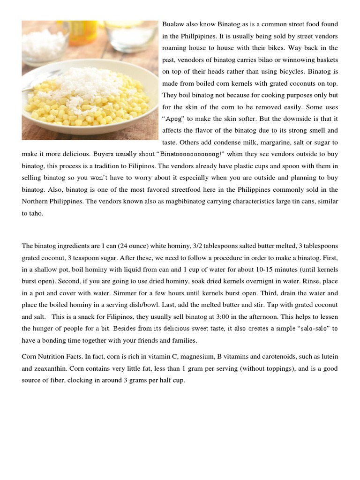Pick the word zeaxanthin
(x=47, y=368)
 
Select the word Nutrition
(x=54, y=357)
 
